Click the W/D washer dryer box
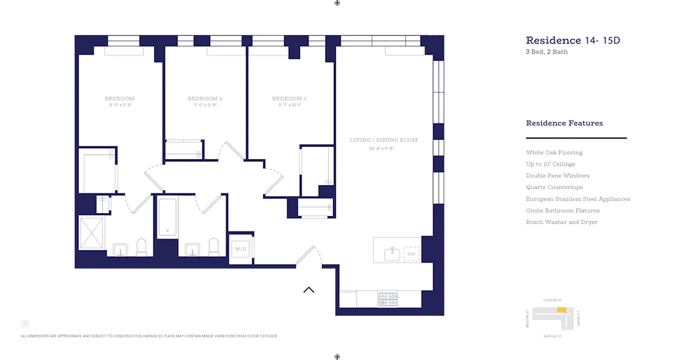click(x=240, y=248)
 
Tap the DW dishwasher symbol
click(x=411, y=254)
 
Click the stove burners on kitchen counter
click(x=388, y=299)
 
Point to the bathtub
click(x=168, y=217)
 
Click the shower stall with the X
click(x=92, y=233)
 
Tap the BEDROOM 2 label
click(x=205, y=99)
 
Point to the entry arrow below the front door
click(x=309, y=290)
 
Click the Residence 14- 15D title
click(x=573, y=40)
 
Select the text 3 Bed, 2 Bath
click(x=547, y=52)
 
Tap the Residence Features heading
click(x=564, y=123)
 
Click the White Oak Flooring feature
click(x=554, y=153)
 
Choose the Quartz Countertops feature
click(x=554, y=187)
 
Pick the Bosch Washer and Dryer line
click(x=562, y=222)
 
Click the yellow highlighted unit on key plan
click(x=562, y=310)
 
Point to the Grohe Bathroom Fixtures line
click(x=562, y=211)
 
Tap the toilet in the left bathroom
click(x=141, y=247)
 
